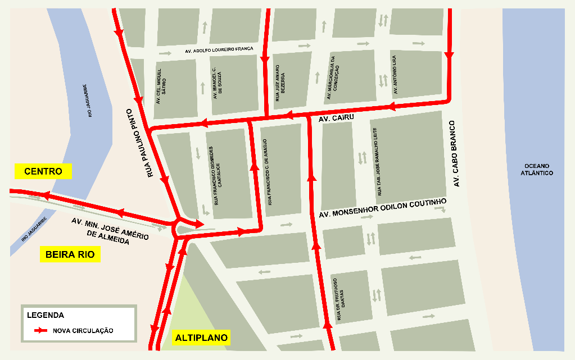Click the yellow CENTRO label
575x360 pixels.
[x=43, y=171]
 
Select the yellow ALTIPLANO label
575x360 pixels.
[x=201, y=338]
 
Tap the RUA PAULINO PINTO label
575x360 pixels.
[x=143, y=143]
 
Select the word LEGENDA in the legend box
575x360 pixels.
[x=45, y=315]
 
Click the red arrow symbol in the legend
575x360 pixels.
[x=40, y=331]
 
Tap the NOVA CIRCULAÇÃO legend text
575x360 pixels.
[x=83, y=331]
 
